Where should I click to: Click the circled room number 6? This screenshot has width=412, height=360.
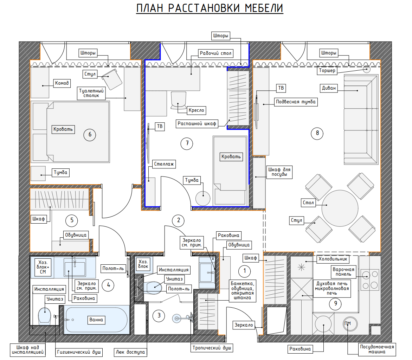tap(90, 135)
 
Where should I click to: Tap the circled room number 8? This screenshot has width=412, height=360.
tap(317, 133)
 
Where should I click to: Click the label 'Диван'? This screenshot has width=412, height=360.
tap(329, 88)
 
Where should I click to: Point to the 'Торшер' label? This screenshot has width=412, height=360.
tap(327, 71)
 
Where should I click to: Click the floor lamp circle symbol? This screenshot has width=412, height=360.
tap(367, 69)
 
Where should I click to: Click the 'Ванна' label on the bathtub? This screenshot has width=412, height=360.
tap(96, 320)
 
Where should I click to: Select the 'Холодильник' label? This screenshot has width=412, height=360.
tap(333, 259)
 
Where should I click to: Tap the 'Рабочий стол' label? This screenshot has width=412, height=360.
tap(216, 53)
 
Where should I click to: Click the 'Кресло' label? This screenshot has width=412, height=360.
tap(196, 110)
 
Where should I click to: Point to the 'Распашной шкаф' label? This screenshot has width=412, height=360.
tap(197, 124)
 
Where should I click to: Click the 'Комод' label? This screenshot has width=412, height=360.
tap(62, 83)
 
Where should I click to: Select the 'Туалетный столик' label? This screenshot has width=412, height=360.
tap(91, 93)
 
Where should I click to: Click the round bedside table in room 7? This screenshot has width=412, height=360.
tap(203, 198)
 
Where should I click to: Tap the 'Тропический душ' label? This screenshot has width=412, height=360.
tap(212, 348)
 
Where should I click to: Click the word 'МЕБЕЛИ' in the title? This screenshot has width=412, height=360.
tap(264, 8)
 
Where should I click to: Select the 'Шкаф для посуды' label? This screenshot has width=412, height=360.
tap(279, 172)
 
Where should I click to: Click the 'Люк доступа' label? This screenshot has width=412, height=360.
tap(130, 352)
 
